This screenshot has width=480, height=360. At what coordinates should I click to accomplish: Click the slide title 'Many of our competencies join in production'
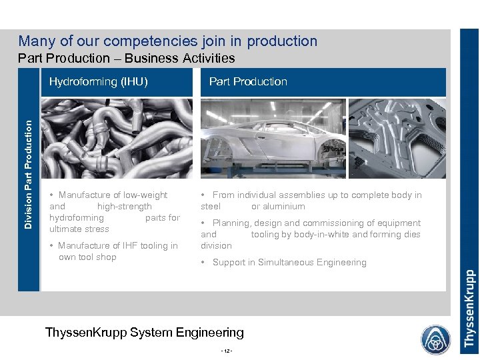168,41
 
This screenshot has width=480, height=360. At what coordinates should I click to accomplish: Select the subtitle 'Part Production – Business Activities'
127,58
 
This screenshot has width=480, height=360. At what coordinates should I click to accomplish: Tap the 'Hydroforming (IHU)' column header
98,82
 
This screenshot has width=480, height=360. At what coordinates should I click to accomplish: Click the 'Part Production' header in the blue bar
248,82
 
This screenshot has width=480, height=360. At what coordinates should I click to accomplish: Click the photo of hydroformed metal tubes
117,139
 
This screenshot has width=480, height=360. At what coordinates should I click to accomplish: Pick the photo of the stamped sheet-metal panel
397,139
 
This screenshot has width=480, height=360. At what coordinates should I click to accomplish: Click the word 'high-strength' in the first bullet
125,207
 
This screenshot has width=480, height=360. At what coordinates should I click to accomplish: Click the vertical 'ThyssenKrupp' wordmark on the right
469,308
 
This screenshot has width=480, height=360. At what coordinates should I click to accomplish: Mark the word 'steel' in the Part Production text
211,207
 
